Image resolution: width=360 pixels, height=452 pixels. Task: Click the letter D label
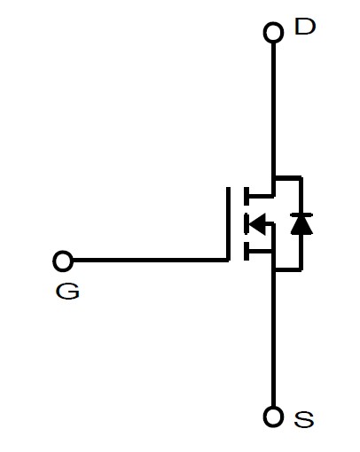(305, 27)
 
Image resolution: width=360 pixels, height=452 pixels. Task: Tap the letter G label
(67, 291)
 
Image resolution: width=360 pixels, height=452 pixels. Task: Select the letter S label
(304, 419)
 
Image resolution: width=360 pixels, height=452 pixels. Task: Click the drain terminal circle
(273, 32)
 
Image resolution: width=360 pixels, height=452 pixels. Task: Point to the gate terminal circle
(63, 261)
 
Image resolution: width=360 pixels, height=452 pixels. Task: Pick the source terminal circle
(273, 417)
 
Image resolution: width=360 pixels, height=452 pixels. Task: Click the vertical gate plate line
(228, 224)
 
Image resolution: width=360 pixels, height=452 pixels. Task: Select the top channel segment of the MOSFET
(247, 196)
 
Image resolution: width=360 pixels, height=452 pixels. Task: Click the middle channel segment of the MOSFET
(246, 223)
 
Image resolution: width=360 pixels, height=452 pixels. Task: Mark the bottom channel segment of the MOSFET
(247, 252)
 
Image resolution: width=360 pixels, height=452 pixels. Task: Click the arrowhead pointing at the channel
(257, 223)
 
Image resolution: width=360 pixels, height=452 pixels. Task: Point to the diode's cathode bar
(301, 214)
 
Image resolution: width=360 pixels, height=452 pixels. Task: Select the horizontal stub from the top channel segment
(261, 195)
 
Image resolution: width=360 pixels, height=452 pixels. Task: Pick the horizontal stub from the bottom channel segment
(261, 252)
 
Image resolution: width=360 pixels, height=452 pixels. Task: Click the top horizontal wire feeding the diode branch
(287, 178)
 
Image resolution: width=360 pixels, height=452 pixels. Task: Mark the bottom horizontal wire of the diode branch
(287, 269)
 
